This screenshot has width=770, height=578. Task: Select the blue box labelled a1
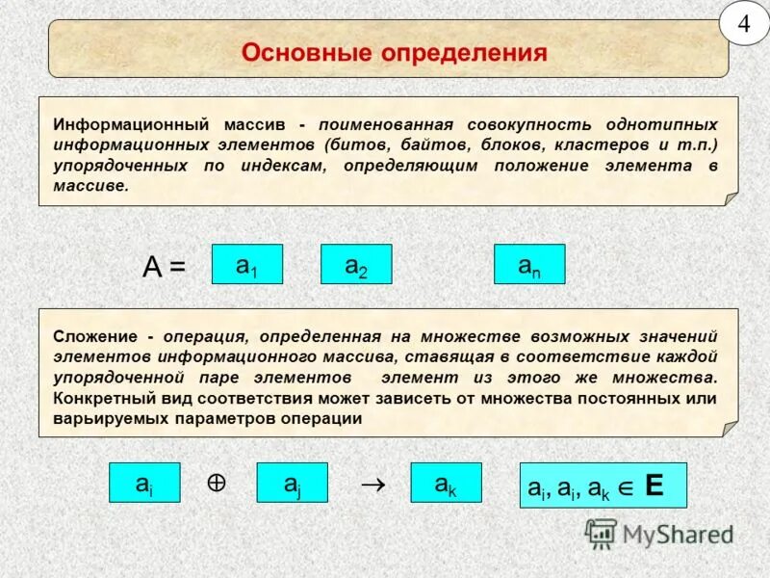246,264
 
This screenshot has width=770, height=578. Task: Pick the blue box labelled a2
356,264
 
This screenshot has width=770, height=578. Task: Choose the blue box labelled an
529,264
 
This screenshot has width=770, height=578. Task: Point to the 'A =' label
164,267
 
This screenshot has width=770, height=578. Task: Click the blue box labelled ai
143,483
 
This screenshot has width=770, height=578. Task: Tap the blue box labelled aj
292,483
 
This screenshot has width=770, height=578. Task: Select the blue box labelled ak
446,483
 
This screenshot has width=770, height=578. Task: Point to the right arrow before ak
372,486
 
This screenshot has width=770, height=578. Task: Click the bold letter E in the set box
654,486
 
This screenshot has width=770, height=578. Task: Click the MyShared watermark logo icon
602,533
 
